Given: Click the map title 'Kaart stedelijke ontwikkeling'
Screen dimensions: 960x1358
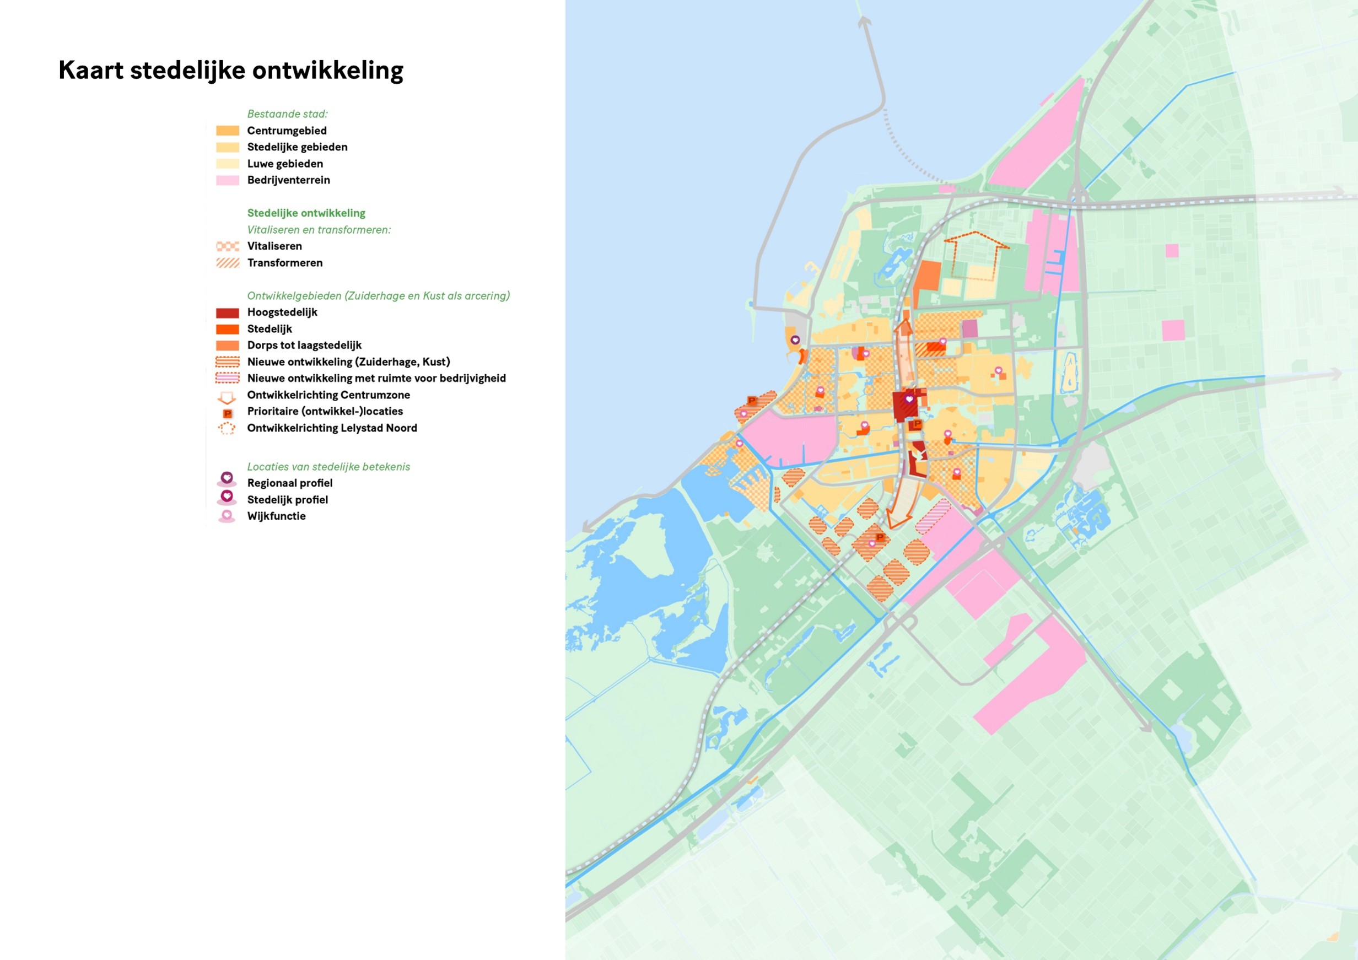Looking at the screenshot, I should coord(231,71).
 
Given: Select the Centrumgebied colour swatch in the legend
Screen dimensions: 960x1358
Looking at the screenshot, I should coord(227,131).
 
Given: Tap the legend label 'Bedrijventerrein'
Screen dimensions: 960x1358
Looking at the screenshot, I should coord(288,180).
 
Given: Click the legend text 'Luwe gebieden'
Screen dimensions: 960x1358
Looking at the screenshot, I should coord(284,164).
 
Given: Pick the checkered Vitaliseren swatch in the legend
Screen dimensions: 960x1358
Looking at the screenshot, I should coord(227,246).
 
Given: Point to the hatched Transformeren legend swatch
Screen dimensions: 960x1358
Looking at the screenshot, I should coord(227,263).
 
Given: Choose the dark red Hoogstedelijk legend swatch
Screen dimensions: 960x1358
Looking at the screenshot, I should coord(227,313).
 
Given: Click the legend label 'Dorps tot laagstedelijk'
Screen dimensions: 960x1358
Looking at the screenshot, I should coord(304,346).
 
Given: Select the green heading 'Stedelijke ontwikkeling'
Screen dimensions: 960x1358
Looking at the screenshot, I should coord(306,213).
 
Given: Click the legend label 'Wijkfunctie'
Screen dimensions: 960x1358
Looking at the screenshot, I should coord(276,516).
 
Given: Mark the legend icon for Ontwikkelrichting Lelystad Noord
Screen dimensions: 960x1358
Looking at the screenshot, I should coord(227,428).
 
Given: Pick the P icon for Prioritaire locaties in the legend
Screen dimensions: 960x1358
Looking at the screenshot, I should coord(227,413).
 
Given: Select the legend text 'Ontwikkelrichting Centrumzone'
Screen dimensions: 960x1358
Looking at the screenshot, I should coord(328,395).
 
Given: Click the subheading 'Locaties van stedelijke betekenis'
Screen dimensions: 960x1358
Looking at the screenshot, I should coord(328,467).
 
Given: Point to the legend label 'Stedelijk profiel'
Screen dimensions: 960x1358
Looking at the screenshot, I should coord(288,500).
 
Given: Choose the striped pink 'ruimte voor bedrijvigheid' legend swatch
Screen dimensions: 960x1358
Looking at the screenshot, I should coord(227,378).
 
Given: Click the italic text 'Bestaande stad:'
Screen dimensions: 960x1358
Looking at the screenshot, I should coord(287,114).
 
